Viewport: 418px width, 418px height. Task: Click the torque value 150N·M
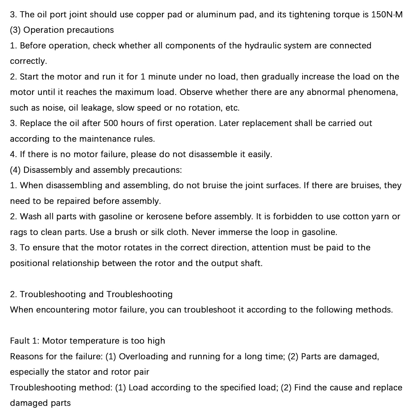click(387, 15)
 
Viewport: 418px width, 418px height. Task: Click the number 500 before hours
click(111, 123)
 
